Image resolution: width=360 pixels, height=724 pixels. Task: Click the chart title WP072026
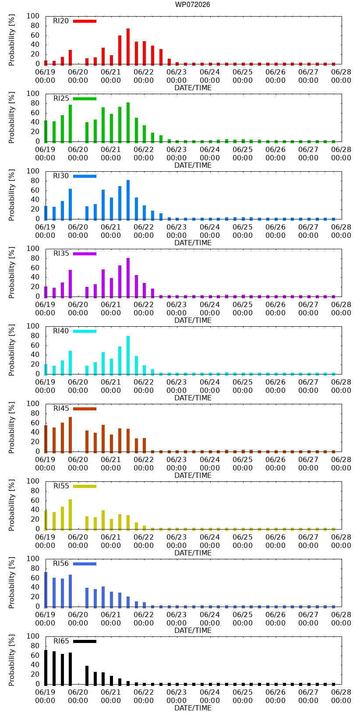coord(193,4)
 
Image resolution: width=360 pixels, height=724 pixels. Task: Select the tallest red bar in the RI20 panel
coord(128,46)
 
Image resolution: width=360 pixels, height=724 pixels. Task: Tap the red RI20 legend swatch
coord(85,21)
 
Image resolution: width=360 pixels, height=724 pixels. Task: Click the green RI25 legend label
coord(61,98)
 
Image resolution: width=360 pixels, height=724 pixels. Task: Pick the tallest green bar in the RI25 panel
coord(128,123)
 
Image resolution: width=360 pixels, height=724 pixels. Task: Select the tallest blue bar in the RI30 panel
coord(128,200)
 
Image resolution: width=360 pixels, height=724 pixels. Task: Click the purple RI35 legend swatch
coord(85,254)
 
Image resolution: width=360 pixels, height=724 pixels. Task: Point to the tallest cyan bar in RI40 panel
coord(128,356)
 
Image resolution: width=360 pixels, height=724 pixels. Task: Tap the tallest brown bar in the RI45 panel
coord(70,435)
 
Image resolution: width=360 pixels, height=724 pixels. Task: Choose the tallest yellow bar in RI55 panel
coord(70,515)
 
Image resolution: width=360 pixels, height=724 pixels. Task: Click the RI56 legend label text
coord(61,563)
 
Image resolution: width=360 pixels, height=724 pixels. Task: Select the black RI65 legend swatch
coord(85,641)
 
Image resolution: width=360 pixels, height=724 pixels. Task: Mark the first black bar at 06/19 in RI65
coord(46,667)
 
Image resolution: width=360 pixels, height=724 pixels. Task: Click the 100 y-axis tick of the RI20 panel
coord(33,16)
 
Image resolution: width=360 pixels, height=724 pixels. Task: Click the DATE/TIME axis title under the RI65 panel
coord(193,708)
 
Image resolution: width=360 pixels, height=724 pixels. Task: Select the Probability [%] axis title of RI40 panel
coord(12,350)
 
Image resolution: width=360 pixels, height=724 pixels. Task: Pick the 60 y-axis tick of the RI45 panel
coord(35,423)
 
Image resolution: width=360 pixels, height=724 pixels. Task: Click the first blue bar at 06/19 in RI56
coord(46,590)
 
